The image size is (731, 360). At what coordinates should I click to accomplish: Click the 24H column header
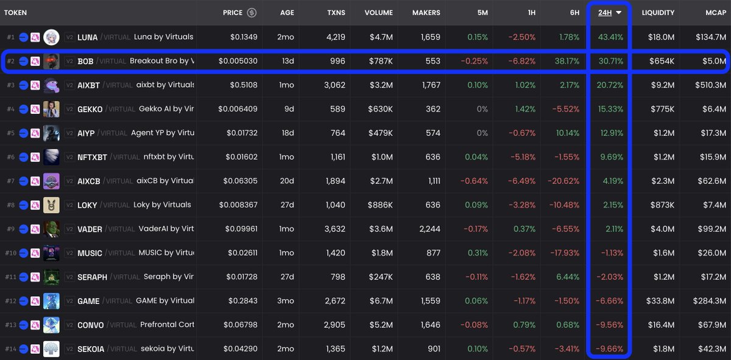point(604,13)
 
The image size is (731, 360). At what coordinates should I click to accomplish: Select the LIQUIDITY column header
point(658,13)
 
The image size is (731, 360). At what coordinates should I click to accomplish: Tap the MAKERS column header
point(426,13)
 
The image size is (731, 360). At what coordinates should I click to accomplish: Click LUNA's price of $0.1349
point(244,37)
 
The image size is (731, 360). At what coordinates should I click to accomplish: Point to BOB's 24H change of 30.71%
point(610,61)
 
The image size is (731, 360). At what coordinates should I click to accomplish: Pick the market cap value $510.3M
point(710,85)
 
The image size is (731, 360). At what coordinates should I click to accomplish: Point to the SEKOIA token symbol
point(91,349)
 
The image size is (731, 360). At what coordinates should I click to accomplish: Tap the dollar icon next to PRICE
point(252,13)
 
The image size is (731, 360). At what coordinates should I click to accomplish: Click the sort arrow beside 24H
point(619,13)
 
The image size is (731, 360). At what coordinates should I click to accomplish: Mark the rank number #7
point(10,181)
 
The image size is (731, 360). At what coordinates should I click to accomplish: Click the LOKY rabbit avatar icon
point(51,205)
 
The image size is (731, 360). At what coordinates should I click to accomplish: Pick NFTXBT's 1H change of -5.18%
point(522,157)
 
